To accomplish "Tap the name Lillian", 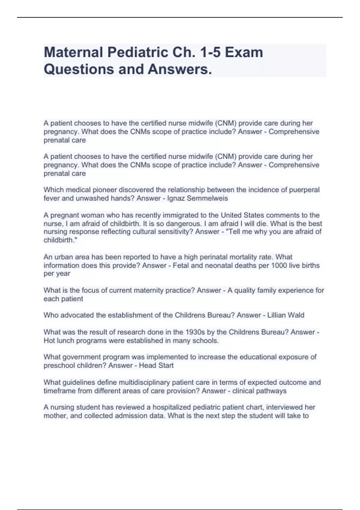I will click(277, 315).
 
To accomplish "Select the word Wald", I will click(296, 315).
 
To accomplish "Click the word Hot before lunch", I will click(49, 340).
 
